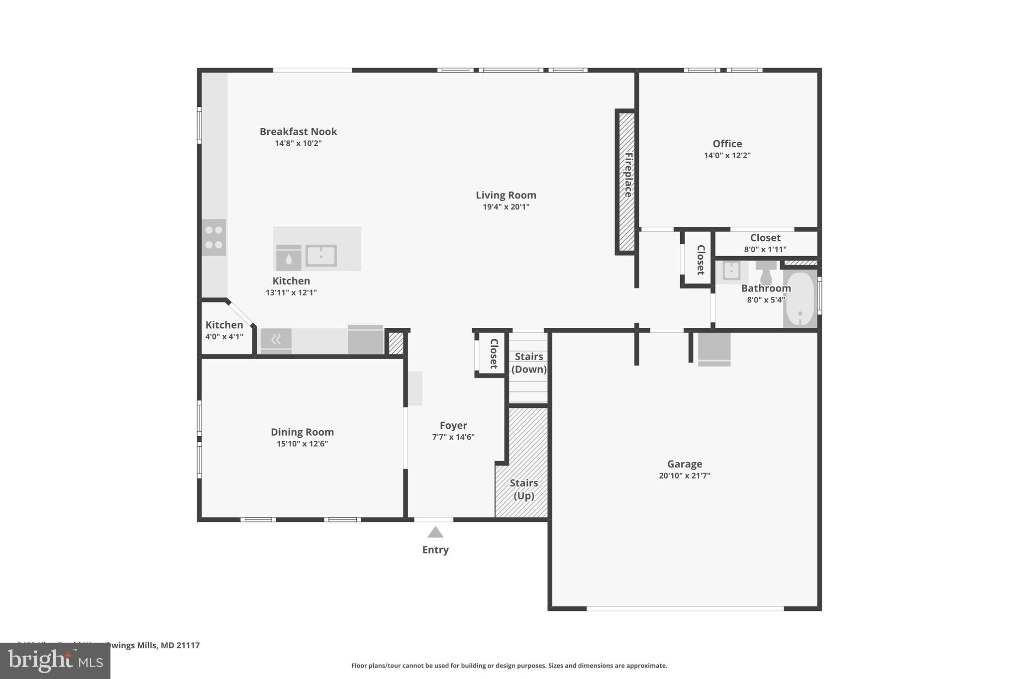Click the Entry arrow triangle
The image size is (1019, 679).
[435, 532]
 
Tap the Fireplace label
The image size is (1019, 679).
[628, 175]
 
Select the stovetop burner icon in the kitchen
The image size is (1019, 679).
[213, 237]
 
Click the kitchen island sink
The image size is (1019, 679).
[321, 256]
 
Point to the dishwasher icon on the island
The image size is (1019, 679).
[289, 258]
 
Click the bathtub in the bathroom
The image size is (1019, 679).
[800, 298]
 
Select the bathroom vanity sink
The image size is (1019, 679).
[731, 271]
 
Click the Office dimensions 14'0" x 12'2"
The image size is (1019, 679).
[727, 155]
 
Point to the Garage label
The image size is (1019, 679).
[685, 464]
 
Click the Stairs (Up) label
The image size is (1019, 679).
[523, 489]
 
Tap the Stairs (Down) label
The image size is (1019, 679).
[528, 363]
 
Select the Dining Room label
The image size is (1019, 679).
[302, 432]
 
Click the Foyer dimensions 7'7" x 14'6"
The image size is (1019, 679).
[453, 437]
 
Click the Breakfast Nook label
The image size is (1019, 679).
[298, 131]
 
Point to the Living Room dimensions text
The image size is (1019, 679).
[506, 207]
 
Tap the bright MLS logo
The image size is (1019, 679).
[55, 661]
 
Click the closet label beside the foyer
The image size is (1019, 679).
[494, 354]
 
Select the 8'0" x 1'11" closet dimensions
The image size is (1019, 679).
[765, 249]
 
